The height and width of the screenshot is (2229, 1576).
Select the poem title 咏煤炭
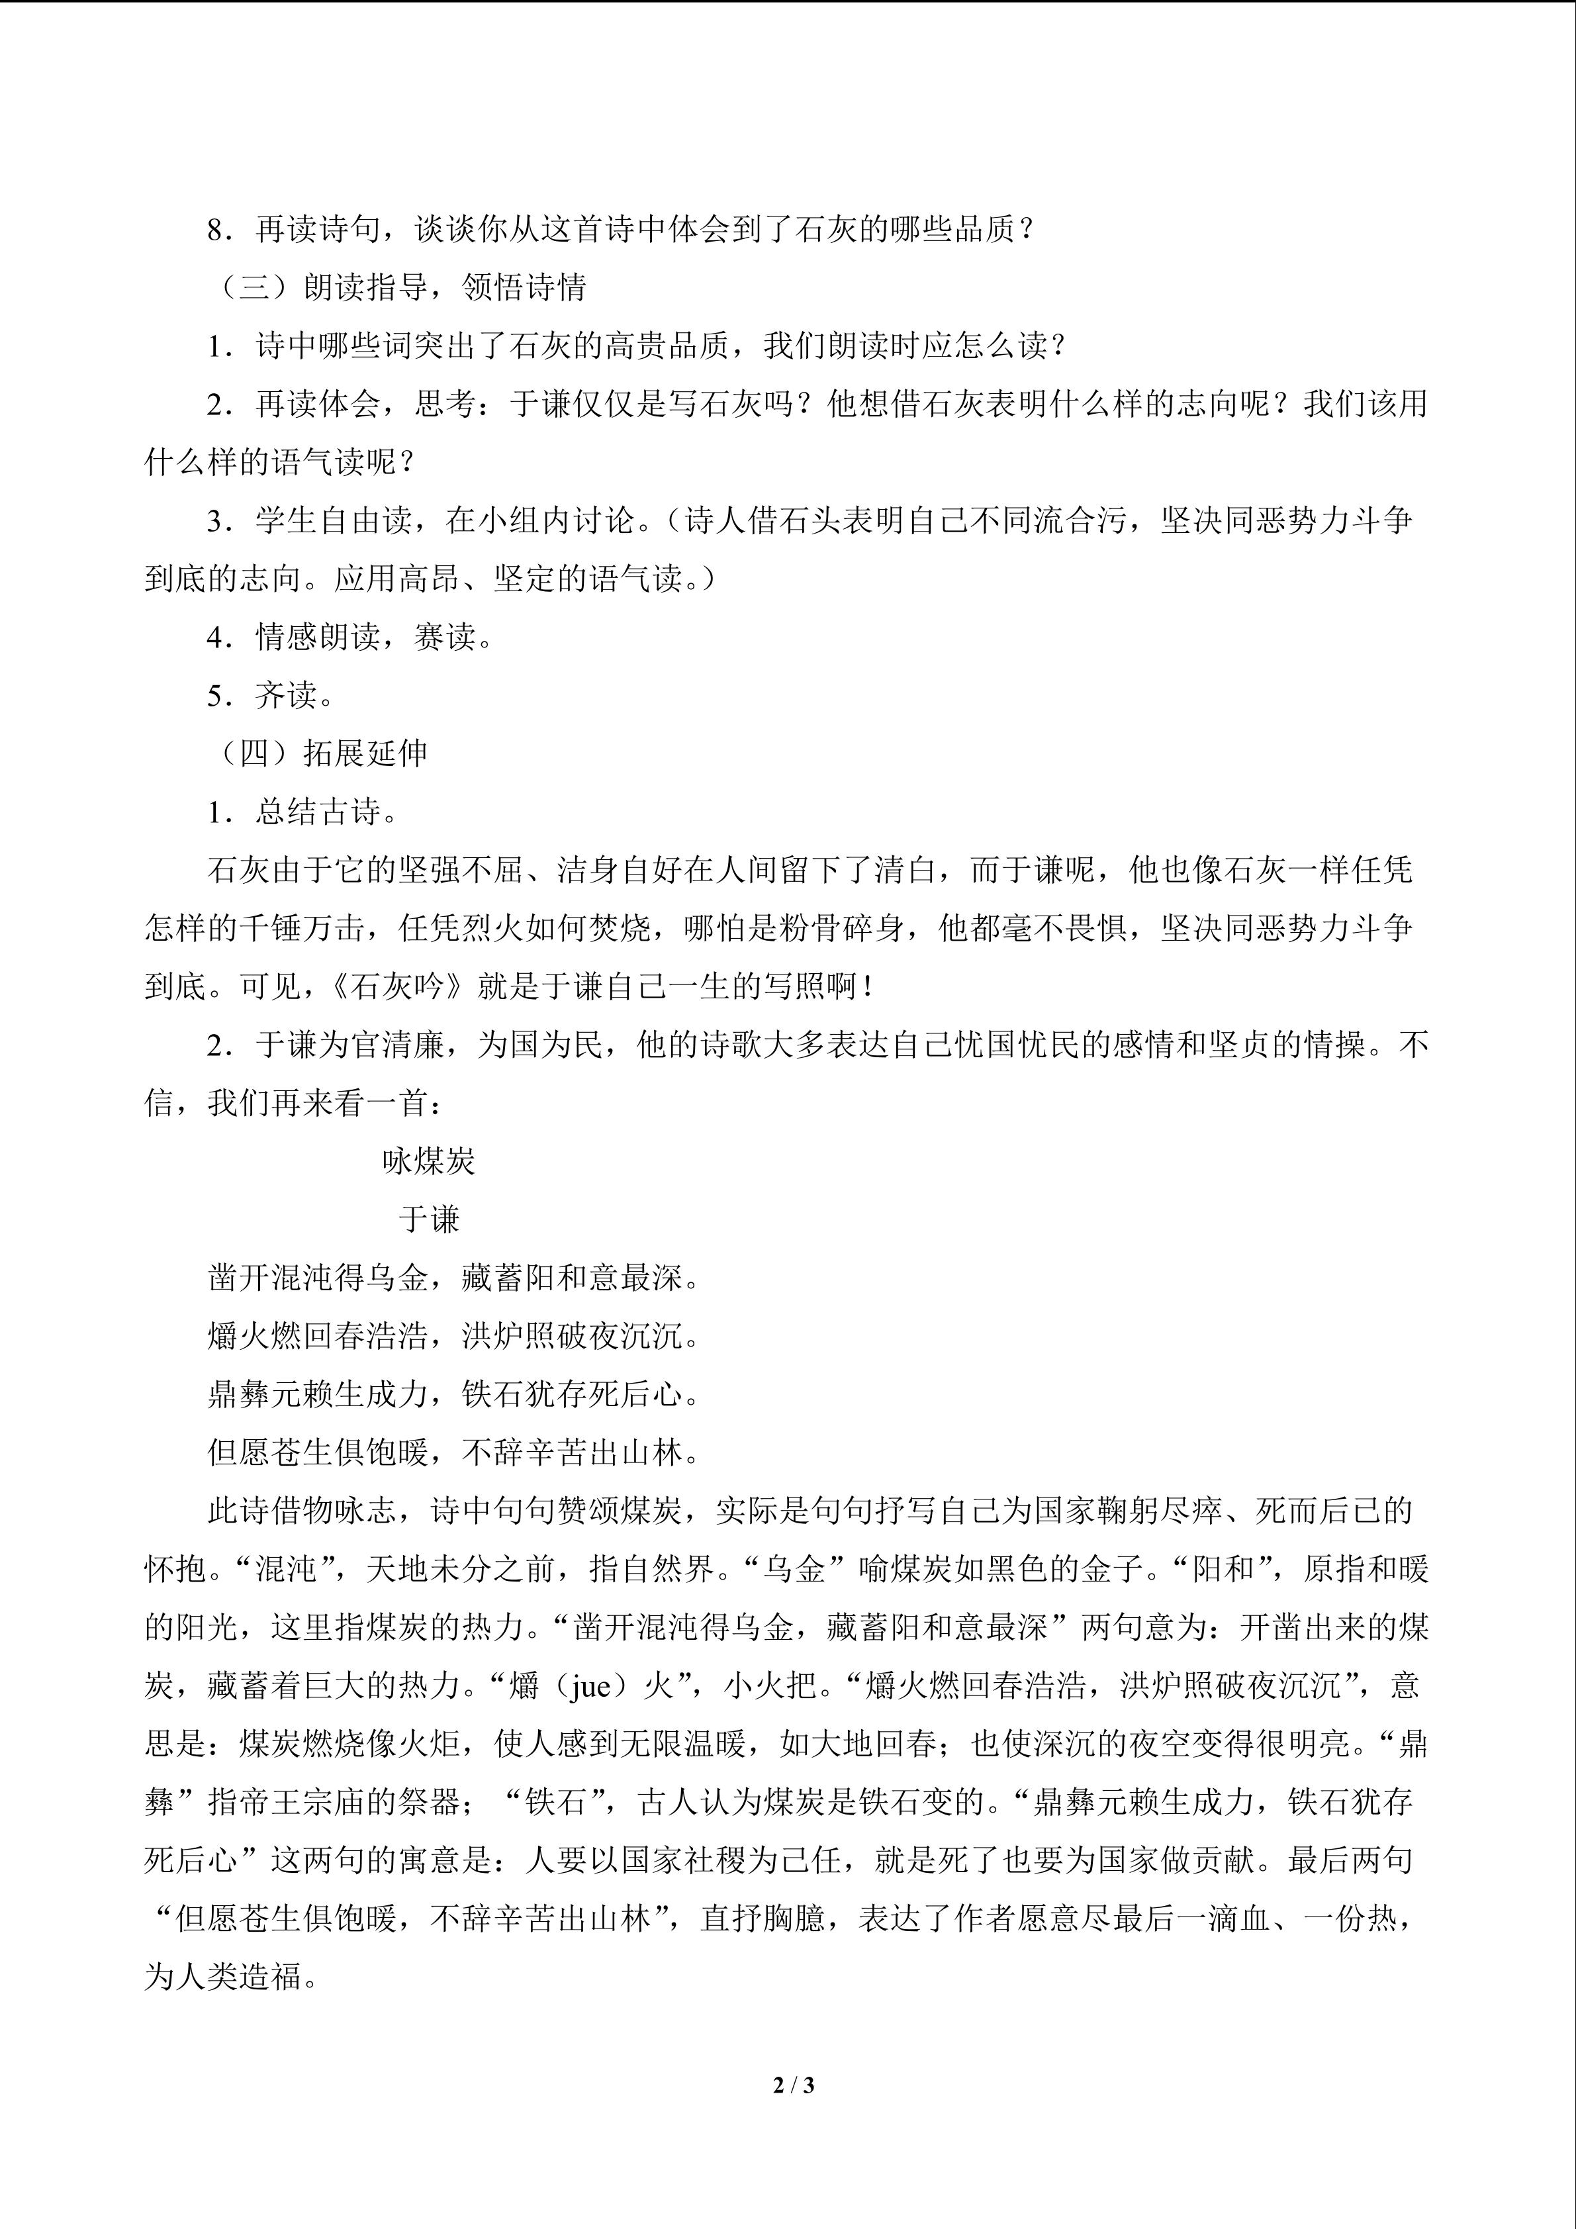click(428, 1161)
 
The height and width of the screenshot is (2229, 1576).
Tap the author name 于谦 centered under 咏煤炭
click(428, 1219)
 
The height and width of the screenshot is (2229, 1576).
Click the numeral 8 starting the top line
click(215, 230)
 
